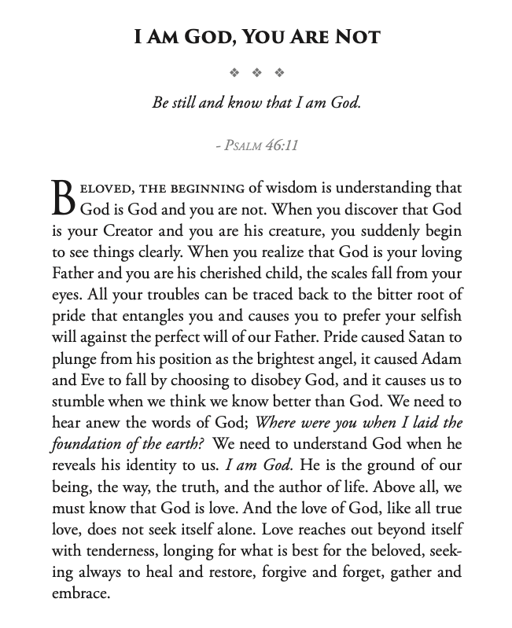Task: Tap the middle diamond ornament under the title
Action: [x=256, y=73]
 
